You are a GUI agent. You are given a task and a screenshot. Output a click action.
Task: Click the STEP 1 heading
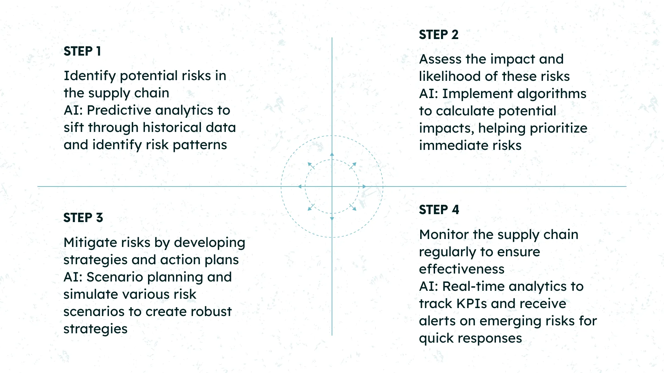pyautogui.click(x=82, y=51)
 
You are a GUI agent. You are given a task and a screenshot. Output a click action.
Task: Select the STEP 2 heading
pyautogui.click(x=439, y=35)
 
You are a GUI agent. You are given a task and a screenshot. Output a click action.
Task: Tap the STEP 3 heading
pyautogui.click(x=83, y=218)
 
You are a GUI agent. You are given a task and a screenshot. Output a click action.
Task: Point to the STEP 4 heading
pyautogui.click(x=439, y=210)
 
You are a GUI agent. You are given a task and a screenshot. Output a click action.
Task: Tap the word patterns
pyautogui.click(x=200, y=145)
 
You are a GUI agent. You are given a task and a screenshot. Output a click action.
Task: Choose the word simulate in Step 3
pyautogui.click(x=91, y=294)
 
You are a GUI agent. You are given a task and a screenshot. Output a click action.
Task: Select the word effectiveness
pyautogui.click(x=462, y=269)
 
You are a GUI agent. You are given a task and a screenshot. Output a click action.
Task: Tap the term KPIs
pyautogui.click(x=472, y=304)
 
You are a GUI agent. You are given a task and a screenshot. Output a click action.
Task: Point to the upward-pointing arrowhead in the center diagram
pyautogui.click(x=332, y=154)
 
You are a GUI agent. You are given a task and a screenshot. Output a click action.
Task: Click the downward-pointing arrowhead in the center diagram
pyautogui.click(x=332, y=219)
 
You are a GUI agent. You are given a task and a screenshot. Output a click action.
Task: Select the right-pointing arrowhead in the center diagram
pyautogui.click(x=364, y=186)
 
